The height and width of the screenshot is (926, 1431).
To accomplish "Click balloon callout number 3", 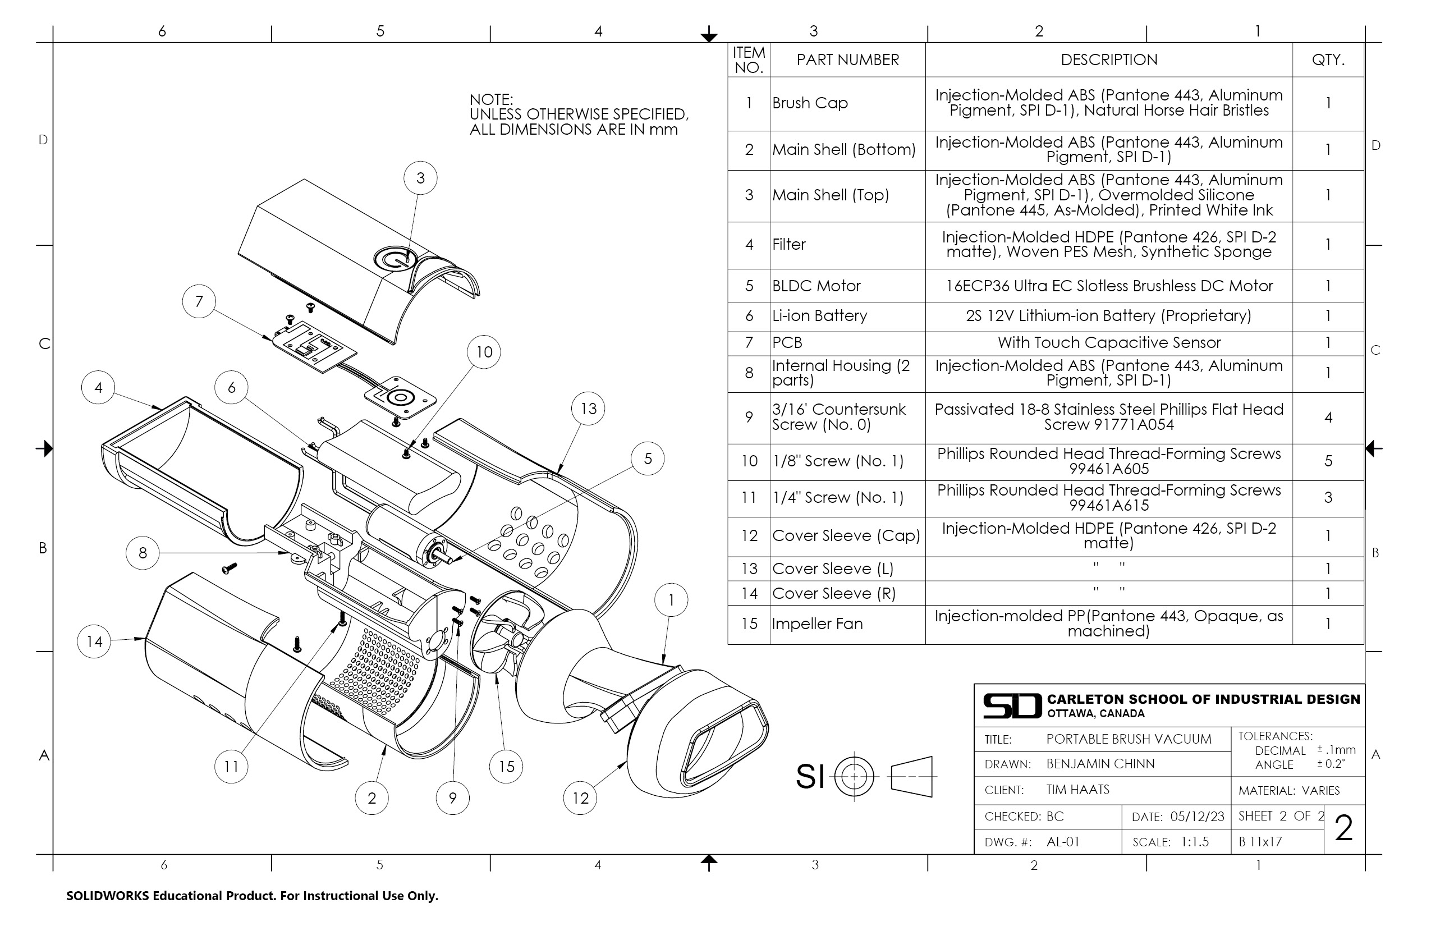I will point(420,178).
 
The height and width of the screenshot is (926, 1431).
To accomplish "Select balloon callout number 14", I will point(94,641).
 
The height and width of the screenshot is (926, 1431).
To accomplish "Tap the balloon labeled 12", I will point(580,798).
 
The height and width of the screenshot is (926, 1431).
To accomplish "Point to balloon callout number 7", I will point(199,301).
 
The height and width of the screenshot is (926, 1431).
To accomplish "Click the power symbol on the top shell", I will point(395,260).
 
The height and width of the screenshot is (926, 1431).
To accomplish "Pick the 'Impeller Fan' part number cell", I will point(817,624).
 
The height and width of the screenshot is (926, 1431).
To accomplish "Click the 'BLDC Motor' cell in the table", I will point(816,286).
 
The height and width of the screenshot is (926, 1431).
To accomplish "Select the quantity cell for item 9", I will point(1328,418).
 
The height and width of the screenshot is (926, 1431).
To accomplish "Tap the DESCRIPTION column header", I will point(1108,59).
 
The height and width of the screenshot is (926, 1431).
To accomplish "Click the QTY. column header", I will point(1328,59).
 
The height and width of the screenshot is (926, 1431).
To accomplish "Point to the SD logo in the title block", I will point(1012,706).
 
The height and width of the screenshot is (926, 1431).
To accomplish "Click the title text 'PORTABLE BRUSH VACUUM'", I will point(1129,739).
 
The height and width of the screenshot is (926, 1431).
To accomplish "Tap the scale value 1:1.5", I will point(1194,842).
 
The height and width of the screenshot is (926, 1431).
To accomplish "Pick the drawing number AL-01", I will point(1062,842).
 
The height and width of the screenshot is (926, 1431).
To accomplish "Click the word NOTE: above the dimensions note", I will point(490,99).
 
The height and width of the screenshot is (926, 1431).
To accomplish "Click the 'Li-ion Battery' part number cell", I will point(819,315).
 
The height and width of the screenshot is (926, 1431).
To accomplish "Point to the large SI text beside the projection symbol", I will point(809,776).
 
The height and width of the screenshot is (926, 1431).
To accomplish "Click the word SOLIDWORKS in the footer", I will point(107,896).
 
